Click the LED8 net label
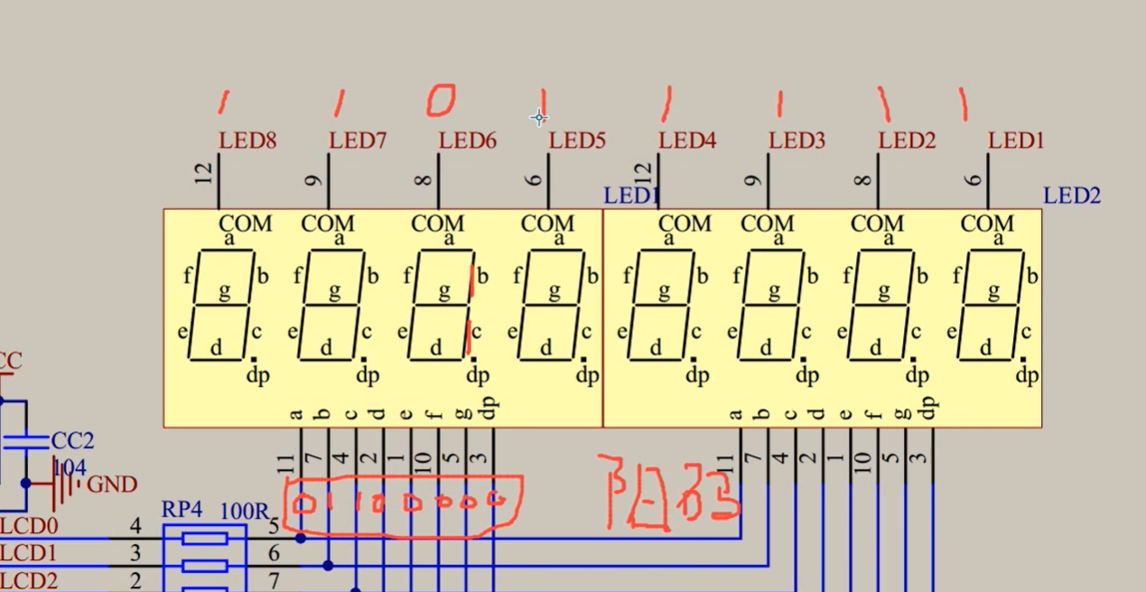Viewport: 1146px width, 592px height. click(x=247, y=141)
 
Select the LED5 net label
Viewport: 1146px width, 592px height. click(x=576, y=141)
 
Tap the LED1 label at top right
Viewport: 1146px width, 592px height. click(x=1016, y=141)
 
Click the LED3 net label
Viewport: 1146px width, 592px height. click(x=797, y=141)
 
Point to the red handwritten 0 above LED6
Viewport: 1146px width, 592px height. click(x=441, y=101)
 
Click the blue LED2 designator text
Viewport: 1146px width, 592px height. click(x=1072, y=195)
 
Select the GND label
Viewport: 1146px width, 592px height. click(x=112, y=485)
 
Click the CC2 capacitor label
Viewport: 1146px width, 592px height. click(x=72, y=441)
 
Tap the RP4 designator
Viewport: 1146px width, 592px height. click(x=182, y=510)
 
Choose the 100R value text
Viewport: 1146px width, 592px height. click(x=245, y=511)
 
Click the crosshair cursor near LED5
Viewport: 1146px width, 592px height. click(x=539, y=117)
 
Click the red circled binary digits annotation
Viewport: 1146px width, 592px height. click(x=402, y=503)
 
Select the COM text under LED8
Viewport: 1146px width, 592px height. click(x=246, y=223)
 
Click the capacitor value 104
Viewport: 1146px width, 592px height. click(x=70, y=467)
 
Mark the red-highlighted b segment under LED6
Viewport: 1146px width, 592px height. click(x=471, y=279)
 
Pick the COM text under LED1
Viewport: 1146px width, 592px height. click(x=987, y=223)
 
